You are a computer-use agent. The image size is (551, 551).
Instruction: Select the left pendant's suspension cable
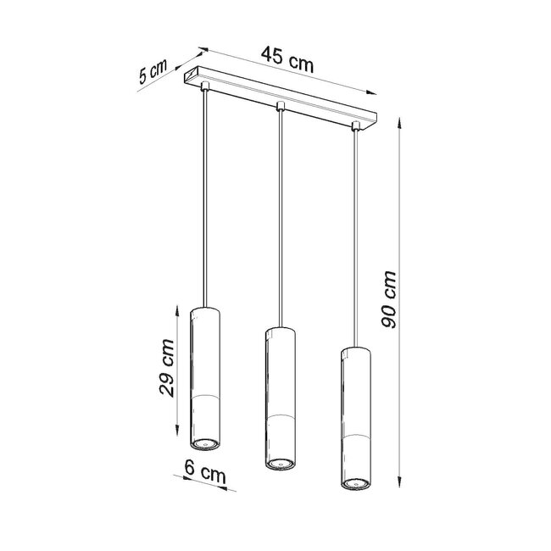click(x=204, y=195)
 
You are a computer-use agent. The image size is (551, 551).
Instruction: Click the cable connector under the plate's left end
click(x=204, y=87)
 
